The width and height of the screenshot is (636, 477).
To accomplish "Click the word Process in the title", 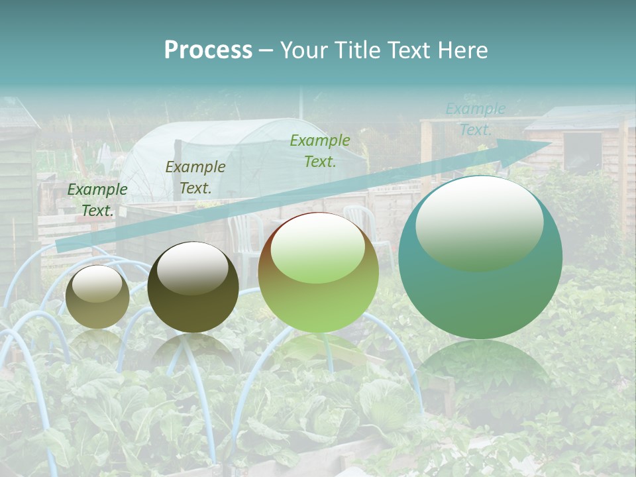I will (x=208, y=50).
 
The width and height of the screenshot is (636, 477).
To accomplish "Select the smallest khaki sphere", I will (x=97, y=297).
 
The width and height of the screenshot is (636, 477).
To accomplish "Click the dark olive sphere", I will (x=193, y=287).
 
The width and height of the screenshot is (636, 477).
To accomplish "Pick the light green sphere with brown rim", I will (x=318, y=272).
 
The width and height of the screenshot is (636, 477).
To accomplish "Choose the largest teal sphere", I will (x=480, y=257).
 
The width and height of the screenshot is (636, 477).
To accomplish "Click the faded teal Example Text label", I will (x=476, y=119).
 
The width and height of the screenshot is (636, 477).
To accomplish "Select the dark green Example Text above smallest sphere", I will (x=97, y=200).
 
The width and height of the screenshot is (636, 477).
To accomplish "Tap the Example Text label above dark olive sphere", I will (x=195, y=178).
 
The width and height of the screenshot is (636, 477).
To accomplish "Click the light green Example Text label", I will (x=320, y=151).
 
